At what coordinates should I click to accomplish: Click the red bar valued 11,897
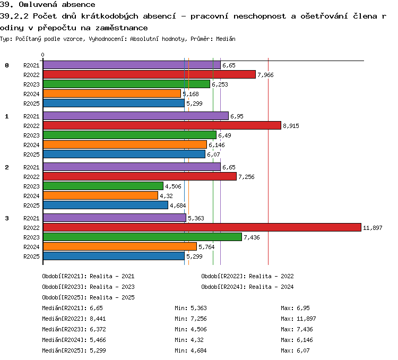[x=202, y=227]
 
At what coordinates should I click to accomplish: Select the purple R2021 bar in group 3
[x=115, y=218]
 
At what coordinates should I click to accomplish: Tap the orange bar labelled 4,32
[x=100, y=195]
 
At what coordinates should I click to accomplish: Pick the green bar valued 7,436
[x=142, y=237]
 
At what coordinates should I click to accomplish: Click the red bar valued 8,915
[x=162, y=125]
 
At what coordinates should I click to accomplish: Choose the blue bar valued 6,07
[x=124, y=154]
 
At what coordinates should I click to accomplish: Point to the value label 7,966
[x=265, y=75]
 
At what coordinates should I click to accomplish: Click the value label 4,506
[x=173, y=186]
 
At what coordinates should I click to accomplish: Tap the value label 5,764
[x=206, y=247]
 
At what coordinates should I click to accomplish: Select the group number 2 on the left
[x=7, y=167]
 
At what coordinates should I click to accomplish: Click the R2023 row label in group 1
[x=31, y=135]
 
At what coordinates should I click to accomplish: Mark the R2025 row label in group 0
[x=31, y=104]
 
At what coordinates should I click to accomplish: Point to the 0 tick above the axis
[x=42, y=55]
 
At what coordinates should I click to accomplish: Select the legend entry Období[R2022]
[x=247, y=276]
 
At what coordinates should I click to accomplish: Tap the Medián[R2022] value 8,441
[x=98, y=319]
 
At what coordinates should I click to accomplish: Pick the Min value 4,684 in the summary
[x=198, y=350]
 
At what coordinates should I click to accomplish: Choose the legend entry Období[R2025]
[x=88, y=297]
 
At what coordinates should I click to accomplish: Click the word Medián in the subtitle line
[x=226, y=39]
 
